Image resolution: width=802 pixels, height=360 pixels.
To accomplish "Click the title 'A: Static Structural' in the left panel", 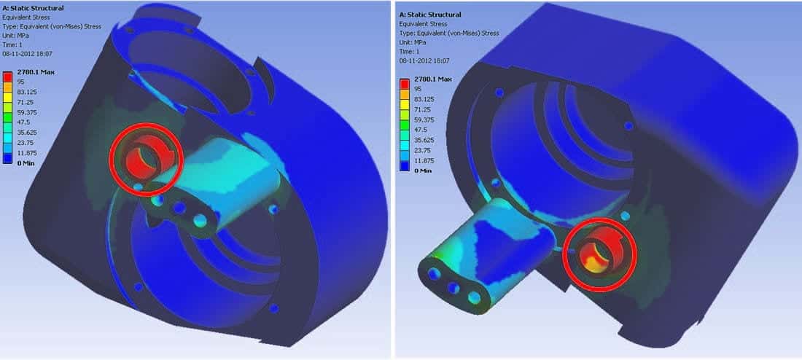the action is tap(34, 8).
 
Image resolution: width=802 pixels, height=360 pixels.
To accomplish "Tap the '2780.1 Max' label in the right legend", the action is tap(432, 79).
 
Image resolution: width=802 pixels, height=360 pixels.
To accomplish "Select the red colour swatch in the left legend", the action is tap(8, 77).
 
